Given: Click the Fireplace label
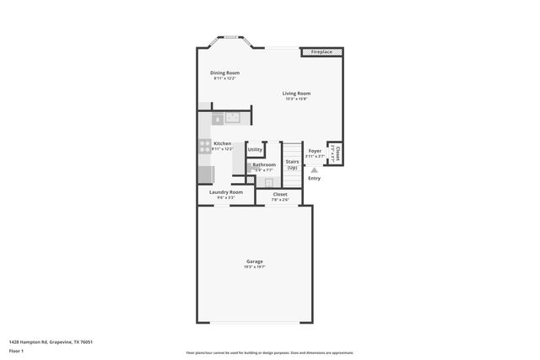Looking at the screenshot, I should pyautogui.click(x=321, y=52).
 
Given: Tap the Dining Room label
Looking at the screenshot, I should pyautogui.click(x=224, y=73).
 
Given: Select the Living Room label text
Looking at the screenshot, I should pyautogui.click(x=296, y=93).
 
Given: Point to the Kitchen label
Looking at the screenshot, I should pyautogui.click(x=222, y=143).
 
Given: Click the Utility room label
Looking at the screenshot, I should pyautogui.click(x=255, y=149).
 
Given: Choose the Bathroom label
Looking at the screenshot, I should pyautogui.click(x=264, y=164).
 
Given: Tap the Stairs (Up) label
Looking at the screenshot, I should pyautogui.click(x=292, y=164).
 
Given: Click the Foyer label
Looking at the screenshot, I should pyautogui.click(x=315, y=151).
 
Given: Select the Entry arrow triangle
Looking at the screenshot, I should pyautogui.click(x=315, y=169).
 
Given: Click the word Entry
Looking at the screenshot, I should pyautogui.click(x=314, y=178).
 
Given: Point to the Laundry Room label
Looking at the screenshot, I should pyautogui.click(x=226, y=192).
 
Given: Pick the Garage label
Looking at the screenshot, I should pyautogui.click(x=254, y=261).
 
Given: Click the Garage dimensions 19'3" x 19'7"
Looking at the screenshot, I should pyautogui.click(x=254, y=267).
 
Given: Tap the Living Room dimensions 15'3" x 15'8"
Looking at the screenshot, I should pyautogui.click(x=296, y=99).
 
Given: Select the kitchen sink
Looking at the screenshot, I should pyautogui.click(x=232, y=118).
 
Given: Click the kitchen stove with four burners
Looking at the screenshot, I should pyautogui.click(x=204, y=145).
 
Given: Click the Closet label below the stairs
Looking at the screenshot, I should pyautogui.click(x=280, y=194).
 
